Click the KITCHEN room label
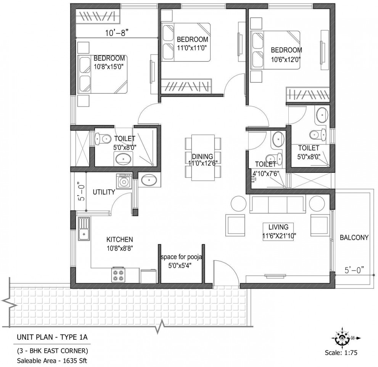119,239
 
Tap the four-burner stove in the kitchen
119,275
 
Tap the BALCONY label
354,237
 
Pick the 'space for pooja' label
181,257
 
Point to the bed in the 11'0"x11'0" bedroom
186,42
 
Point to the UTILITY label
104,192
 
